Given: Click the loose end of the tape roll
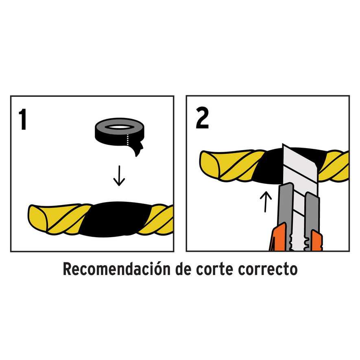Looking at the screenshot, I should coord(137,148).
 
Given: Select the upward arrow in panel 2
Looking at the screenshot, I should coord(265,201).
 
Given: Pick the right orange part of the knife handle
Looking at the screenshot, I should coord(316,242).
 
